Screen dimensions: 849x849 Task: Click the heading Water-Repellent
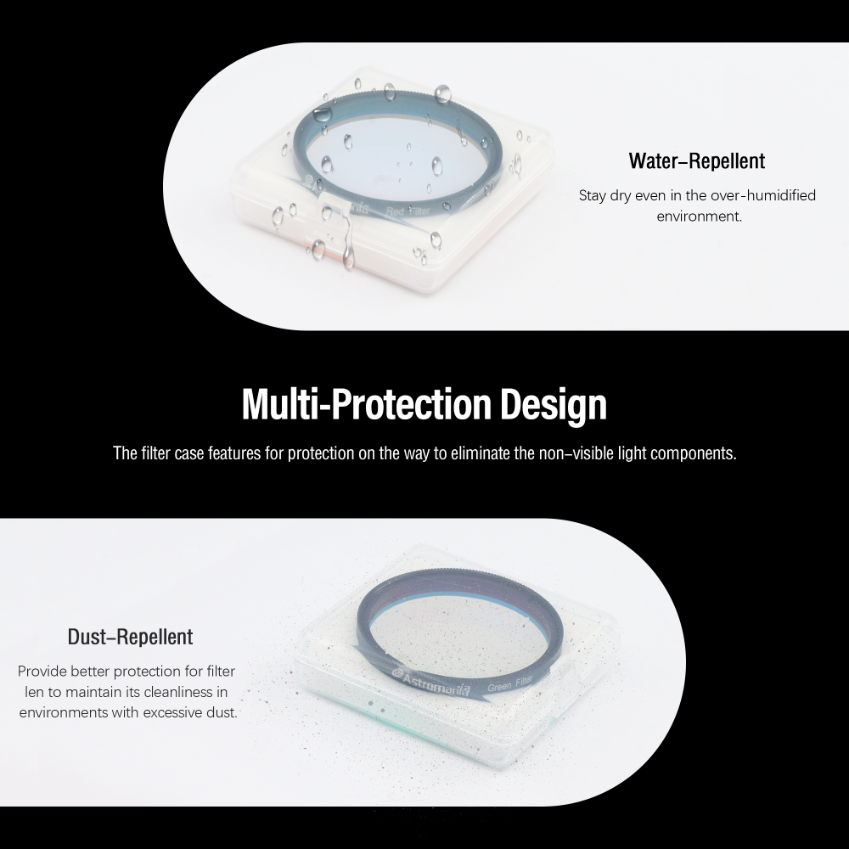[x=697, y=160]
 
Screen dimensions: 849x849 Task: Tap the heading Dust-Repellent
[x=130, y=637]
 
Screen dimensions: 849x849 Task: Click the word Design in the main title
[x=553, y=404]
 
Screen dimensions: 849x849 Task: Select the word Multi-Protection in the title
[x=366, y=403]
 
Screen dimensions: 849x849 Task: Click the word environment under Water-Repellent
[x=699, y=216]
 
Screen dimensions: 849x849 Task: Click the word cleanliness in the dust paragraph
[x=178, y=692]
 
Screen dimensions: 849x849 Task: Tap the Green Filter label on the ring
[x=510, y=683]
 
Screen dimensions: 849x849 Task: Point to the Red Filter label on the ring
[x=408, y=211]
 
